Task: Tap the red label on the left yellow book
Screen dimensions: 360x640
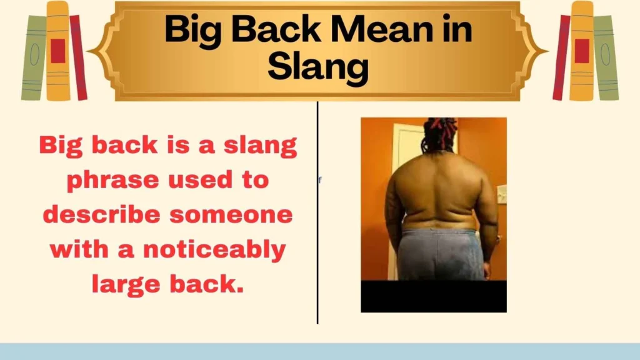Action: coord(58,51)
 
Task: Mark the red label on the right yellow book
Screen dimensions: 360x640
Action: coord(582,51)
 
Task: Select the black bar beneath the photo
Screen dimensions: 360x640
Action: coord(433,296)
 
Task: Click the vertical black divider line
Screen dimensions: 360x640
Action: coord(317,250)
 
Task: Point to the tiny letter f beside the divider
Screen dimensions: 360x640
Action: coord(320,181)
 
